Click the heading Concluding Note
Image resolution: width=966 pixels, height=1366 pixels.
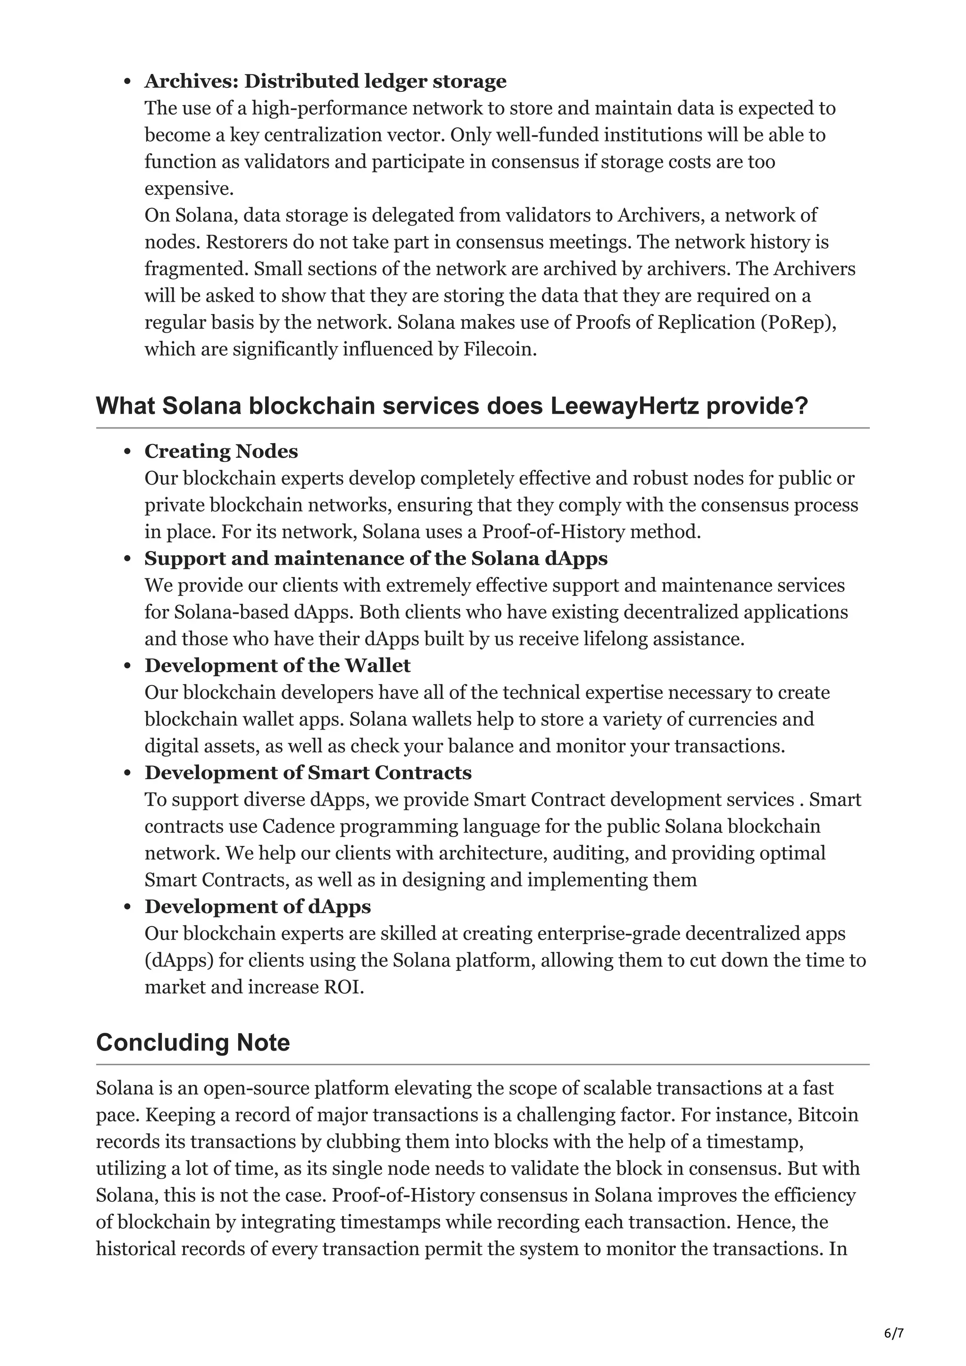193,1042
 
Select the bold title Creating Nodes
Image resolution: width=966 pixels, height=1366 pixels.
221,452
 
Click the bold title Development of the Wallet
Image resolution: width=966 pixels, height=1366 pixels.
277,666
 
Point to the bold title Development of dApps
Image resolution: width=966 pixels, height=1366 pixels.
257,906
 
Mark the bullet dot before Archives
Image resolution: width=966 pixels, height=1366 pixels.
127,82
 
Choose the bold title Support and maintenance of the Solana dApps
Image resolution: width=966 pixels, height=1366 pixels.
375,559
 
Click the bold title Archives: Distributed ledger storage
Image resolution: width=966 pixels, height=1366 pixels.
325,81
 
